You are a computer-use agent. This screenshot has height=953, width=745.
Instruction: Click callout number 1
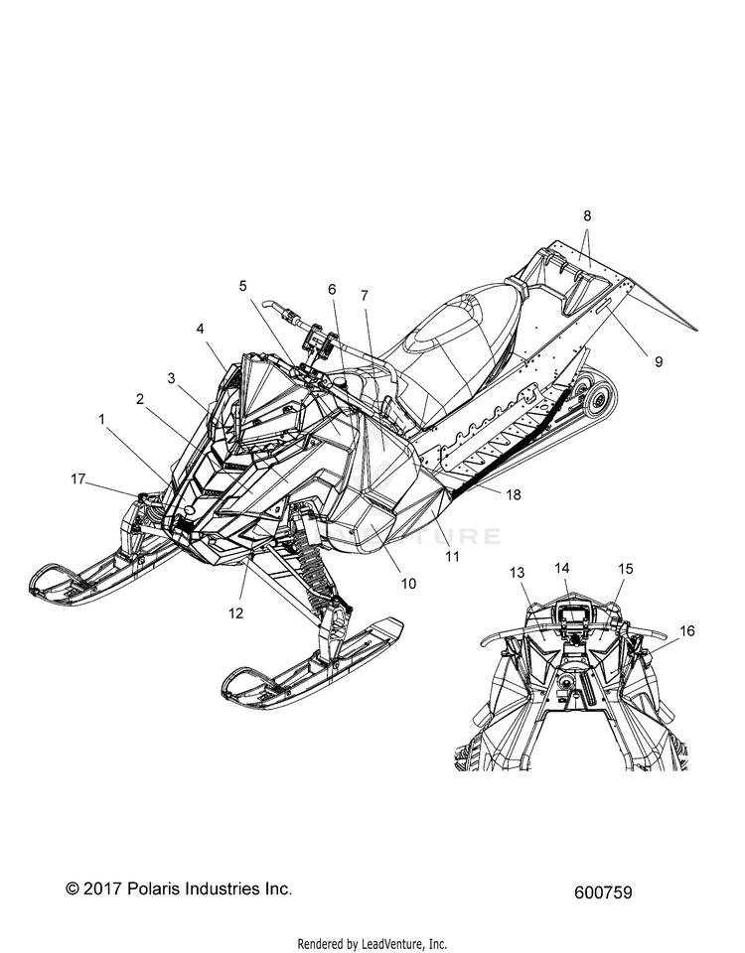[x=102, y=419]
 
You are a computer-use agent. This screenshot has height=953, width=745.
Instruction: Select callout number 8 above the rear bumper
[x=587, y=215]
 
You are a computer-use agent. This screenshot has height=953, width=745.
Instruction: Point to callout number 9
[x=659, y=361]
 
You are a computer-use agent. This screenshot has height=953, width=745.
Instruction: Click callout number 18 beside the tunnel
[x=514, y=494]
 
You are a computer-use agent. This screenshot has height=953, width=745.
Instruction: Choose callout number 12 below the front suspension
[x=236, y=613]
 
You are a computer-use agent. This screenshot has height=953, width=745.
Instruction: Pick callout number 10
[x=408, y=584]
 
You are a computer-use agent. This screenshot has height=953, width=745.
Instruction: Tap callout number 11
[x=452, y=556]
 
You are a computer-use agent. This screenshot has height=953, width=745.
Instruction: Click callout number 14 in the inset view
[x=562, y=568]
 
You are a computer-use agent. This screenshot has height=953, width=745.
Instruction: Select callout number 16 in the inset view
[x=686, y=631]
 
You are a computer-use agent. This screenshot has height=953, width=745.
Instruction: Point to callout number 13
[x=517, y=573]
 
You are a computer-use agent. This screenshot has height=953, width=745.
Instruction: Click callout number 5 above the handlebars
[x=243, y=286]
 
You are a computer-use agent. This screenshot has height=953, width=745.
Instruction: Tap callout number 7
[x=365, y=296]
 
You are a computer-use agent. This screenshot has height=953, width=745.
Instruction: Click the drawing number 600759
[x=603, y=892]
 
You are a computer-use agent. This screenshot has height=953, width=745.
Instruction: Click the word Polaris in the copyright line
[x=155, y=888]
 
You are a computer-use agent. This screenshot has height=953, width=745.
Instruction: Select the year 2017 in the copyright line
[x=103, y=888]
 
